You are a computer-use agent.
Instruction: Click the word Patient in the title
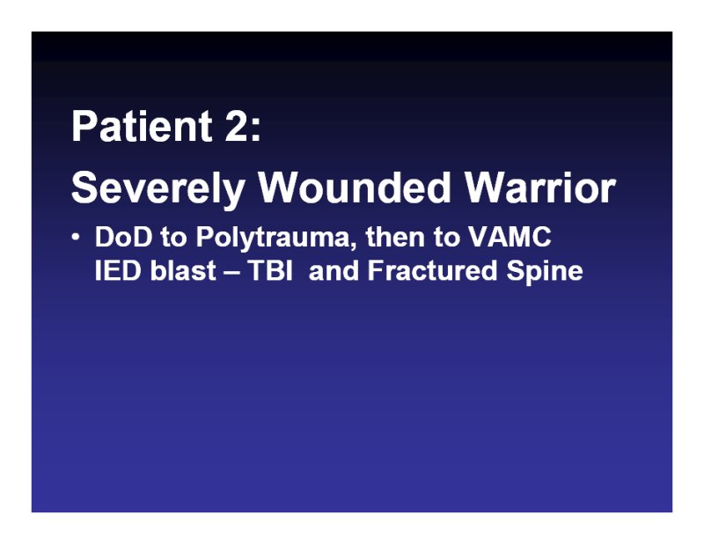142,126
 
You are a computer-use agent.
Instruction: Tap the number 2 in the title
237,126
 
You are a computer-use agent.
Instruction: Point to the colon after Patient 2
256,130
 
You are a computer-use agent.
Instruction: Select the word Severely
158,188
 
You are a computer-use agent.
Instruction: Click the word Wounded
355,187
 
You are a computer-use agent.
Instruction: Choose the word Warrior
540,187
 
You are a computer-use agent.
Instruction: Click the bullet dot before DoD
76,237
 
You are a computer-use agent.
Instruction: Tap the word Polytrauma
273,238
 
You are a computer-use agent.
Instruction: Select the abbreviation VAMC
510,237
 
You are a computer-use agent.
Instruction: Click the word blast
183,270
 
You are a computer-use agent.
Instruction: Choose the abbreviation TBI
270,271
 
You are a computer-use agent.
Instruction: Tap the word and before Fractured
334,270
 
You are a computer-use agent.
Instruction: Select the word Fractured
432,270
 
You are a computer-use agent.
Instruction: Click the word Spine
545,272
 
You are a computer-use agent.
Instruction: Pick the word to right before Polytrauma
173,238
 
